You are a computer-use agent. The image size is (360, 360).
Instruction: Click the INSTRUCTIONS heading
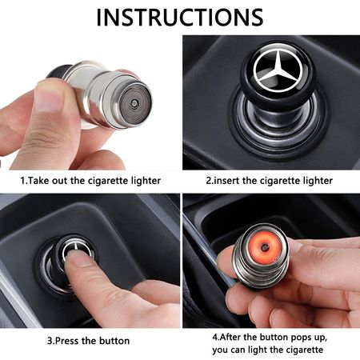coord(180,18)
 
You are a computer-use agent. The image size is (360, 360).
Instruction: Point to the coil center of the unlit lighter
coord(134,102)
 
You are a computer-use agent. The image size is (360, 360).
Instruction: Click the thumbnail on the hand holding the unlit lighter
coord(47,98)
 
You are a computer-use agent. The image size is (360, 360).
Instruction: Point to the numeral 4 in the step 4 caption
coord(215,337)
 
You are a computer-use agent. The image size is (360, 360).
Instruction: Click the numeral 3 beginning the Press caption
coord(50,341)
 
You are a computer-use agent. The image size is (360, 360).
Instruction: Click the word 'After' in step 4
coord(230,337)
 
